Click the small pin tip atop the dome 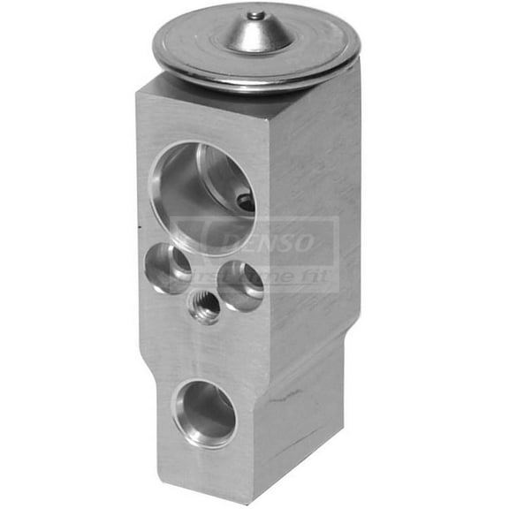[x=255, y=14]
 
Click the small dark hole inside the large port [x=246, y=202]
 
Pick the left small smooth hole [x=167, y=269]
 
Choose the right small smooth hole [x=239, y=285]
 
